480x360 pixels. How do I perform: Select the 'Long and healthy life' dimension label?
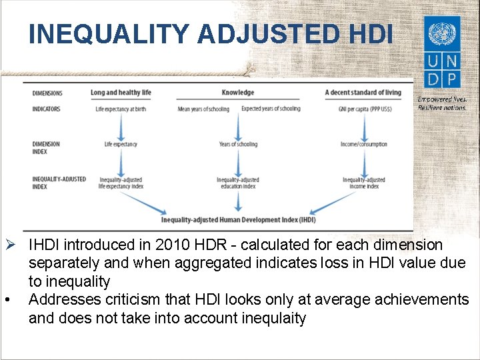click(121, 93)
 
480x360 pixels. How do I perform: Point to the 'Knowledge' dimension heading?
click(238, 93)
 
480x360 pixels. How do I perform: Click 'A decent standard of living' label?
click(363, 93)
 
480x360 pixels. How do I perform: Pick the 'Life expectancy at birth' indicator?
click(121, 109)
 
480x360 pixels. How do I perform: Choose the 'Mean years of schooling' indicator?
click(203, 109)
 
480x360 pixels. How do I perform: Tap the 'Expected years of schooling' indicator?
click(271, 109)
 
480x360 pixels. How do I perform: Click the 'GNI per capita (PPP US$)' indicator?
click(363, 109)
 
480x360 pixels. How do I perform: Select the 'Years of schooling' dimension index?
click(238, 144)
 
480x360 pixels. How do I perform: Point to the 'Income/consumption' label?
click(363, 144)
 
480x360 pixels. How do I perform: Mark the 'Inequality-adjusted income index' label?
click(363, 183)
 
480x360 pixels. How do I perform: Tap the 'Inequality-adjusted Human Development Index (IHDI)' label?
click(238, 219)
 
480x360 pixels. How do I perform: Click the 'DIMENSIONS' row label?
click(47, 93)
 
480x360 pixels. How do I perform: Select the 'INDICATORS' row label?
click(46, 109)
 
